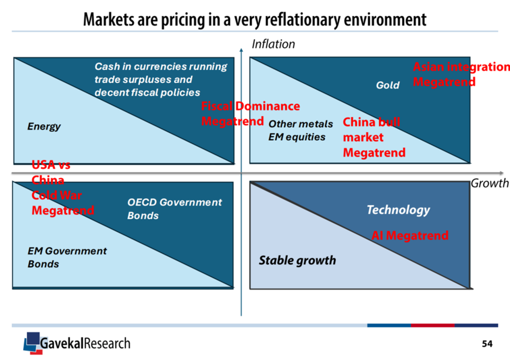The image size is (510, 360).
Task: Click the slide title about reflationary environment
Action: pos(255,19)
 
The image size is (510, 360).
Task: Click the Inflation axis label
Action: pos(273,44)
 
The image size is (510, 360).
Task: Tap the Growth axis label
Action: pos(489,183)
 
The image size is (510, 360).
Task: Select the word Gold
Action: pos(388,85)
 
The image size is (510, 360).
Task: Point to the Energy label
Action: pos(44,126)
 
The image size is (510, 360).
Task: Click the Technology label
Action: pos(398,209)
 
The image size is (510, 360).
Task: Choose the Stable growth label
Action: pos(297,260)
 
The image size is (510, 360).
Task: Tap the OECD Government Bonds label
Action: pos(174,209)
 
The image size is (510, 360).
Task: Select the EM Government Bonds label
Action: pos(67,258)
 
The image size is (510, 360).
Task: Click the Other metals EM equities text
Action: pos(300,131)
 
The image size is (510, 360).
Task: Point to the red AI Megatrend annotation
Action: pos(409,235)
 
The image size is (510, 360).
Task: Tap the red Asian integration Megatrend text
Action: pos(461,74)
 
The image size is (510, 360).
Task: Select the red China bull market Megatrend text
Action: pos(374,137)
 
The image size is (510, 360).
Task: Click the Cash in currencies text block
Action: pos(161,80)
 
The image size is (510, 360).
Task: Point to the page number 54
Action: pos(487,344)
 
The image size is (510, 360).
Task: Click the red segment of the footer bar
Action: pos(432,325)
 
